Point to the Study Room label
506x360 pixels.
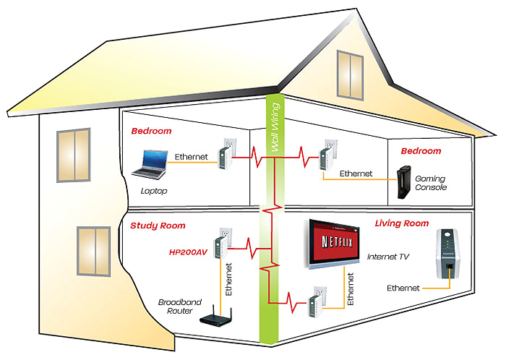158,226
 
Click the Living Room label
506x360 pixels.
402,223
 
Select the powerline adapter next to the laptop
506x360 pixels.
225,154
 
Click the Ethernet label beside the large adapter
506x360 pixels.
403,288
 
